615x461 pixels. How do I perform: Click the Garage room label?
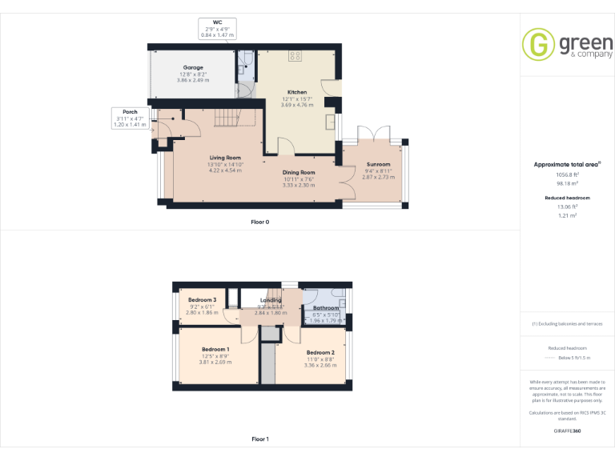(192, 68)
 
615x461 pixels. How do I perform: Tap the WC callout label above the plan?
(216, 22)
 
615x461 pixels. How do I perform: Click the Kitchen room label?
(298, 93)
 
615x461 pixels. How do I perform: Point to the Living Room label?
(225, 158)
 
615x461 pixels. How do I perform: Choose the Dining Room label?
(298, 173)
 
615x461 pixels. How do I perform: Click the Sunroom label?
(378, 165)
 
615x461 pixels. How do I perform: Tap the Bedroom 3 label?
(203, 300)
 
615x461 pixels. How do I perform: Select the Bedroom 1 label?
(215, 350)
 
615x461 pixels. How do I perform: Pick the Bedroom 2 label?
(320, 353)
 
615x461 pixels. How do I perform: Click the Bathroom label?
(326, 308)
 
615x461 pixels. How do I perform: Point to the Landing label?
(271, 300)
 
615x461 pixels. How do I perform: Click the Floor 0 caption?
(259, 221)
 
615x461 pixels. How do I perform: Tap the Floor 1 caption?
(259, 439)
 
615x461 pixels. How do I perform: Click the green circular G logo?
(539, 44)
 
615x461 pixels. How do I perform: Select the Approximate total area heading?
(567, 164)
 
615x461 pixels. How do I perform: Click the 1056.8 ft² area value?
(567, 174)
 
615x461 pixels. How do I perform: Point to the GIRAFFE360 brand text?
(567, 431)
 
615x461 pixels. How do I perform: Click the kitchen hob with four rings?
(295, 56)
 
